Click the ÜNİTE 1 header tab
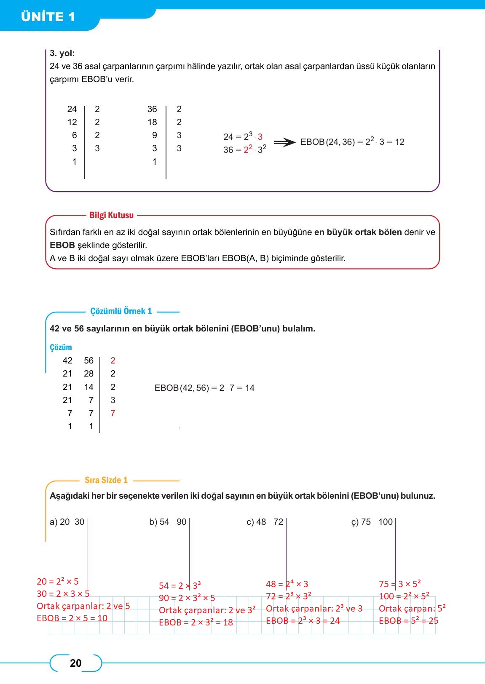click(x=48, y=17)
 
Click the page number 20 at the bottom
click(x=75, y=663)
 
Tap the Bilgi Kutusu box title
click(x=111, y=215)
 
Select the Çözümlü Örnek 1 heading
click(x=121, y=311)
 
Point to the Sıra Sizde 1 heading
click(x=106, y=480)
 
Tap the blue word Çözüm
click(x=61, y=347)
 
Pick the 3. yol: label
click(x=62, y=53)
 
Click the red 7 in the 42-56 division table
click(x=113, y=413)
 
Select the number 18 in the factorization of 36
click(x=152, y=122)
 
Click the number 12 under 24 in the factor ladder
click(x=72, y=122)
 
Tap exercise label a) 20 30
click(x=67, y=522)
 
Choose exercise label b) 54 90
click(x=168, y=522)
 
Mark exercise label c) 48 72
click(x=265, y=522)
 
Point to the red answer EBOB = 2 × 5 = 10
click(x=72, y=618)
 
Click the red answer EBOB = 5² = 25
click(x=408, y=621)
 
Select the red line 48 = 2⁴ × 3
click(x=287, y=584)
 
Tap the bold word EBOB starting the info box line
click(x=62, y=245)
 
